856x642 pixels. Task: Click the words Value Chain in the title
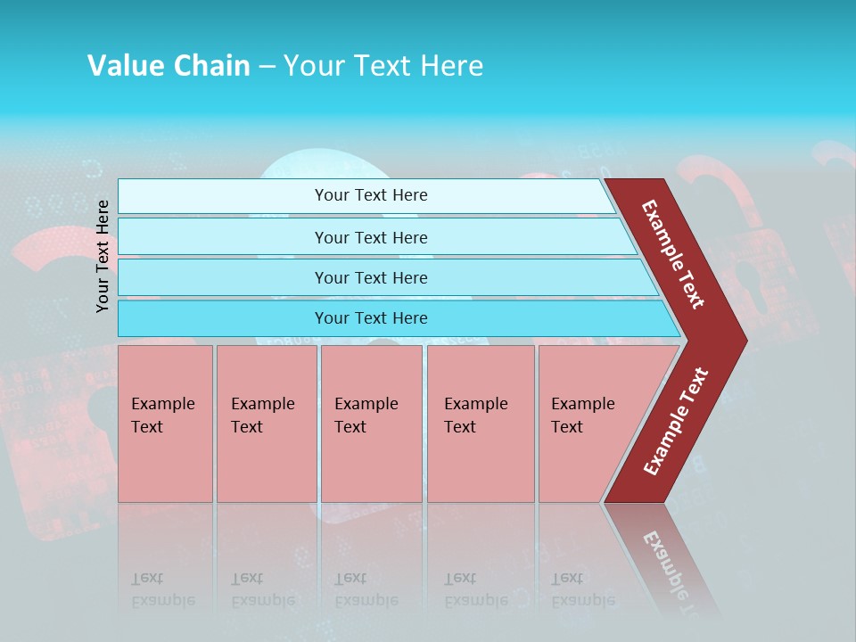169,66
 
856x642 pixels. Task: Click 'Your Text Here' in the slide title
383,66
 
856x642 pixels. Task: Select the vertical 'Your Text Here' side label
103,256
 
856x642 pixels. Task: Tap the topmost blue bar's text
371,195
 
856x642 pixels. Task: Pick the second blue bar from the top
371,237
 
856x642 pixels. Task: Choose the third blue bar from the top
371,277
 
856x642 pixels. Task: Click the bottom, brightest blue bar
371,318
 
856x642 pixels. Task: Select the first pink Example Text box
165,423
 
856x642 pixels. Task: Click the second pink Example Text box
266,423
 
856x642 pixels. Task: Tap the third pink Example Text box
371,423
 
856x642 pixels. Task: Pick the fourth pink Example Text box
481,423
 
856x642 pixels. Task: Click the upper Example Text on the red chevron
673,254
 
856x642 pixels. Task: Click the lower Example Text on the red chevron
675,422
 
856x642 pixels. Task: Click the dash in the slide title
267,66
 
